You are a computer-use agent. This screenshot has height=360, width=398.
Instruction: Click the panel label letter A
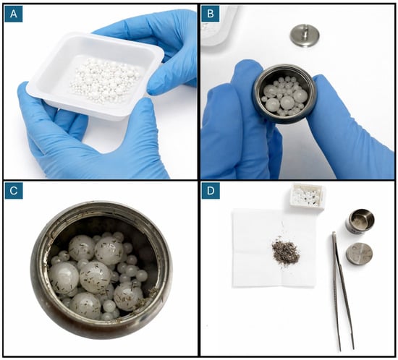(14, 14)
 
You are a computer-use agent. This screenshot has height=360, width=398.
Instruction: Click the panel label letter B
(211, 14)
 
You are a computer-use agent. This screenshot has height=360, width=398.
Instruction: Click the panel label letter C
(14, 190)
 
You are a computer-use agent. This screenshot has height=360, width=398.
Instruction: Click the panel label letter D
(211, 190)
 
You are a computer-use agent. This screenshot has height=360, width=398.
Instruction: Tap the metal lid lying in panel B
(305, 35)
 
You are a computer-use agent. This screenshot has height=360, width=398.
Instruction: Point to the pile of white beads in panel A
(105, 81)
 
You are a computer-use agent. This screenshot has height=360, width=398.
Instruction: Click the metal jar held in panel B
(285, 94)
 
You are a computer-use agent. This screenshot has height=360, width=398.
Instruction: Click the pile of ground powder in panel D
(286, 252)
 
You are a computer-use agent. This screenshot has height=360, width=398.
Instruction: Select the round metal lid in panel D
(360, 254)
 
